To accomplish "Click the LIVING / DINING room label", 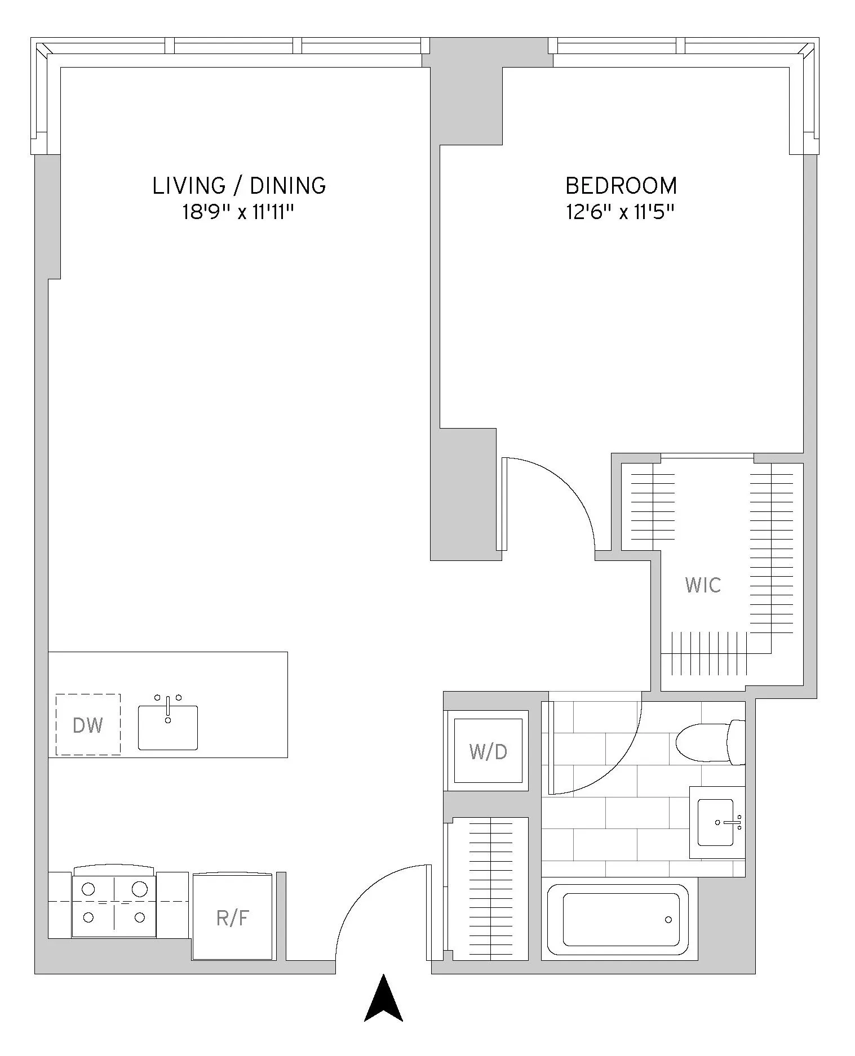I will (x=239, y=186).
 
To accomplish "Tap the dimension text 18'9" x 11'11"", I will (x=238, y=213).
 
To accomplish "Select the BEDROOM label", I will (x=621, y=186).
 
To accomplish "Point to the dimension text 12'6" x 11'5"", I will (x=621, y=213).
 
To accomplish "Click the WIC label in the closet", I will (x=703, y=585).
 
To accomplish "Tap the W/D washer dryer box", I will (x=488, y=751).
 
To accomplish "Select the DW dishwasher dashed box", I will (x=88, y=725).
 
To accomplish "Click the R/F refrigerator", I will (x=232, y=918).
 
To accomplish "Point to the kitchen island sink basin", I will (x=168, y=728).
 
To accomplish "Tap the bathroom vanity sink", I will (x=716, y=823).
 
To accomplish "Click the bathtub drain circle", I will (x=668, y=920).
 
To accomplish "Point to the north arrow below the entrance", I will (x=384, y=1000).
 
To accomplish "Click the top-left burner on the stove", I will (x=88, y=889).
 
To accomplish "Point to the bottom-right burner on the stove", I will (x=140, y=917).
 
